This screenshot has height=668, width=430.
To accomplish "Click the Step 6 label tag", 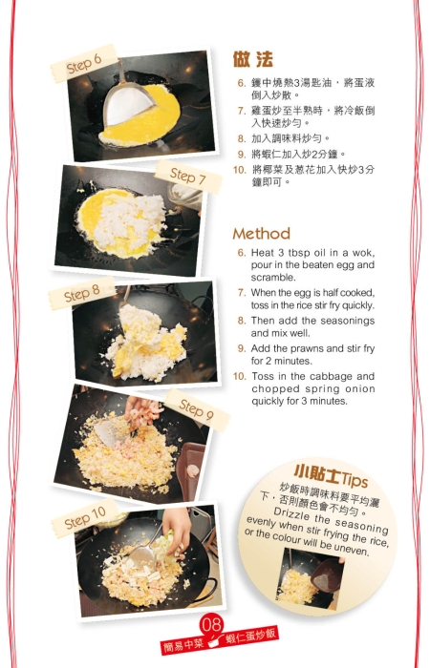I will tap(84, 62).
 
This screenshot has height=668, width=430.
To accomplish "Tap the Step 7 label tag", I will tap(187, 177).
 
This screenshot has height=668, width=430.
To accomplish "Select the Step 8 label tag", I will tap(82, 294).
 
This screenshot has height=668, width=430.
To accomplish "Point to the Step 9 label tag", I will tap(197, 409).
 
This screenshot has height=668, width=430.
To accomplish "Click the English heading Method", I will tap(261, 233).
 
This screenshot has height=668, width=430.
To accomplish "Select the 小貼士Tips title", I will tap(330, 474).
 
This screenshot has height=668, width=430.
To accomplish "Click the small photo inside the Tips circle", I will tap(309, 577).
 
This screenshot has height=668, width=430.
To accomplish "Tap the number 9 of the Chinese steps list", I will tap(242, 153).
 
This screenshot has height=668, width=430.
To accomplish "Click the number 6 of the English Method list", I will tap(242, 252).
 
